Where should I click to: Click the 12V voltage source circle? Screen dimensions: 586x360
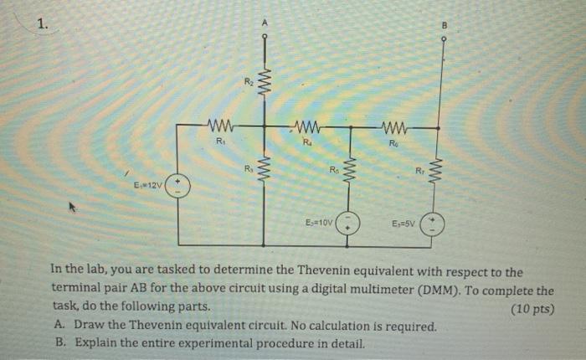177,186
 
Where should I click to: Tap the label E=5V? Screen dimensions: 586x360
406,224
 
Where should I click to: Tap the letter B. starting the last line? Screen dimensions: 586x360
60,343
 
